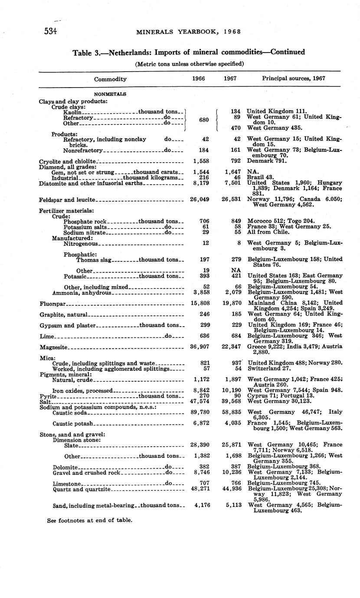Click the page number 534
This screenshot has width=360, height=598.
51,31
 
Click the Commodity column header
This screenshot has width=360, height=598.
110,79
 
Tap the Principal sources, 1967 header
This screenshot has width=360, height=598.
294,78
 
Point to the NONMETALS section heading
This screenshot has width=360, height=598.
110,93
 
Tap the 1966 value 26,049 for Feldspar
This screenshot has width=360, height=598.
200,200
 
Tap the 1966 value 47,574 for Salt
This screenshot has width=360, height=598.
200,402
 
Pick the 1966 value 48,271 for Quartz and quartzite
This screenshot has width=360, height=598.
200,489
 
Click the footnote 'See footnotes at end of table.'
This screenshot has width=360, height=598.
89,520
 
